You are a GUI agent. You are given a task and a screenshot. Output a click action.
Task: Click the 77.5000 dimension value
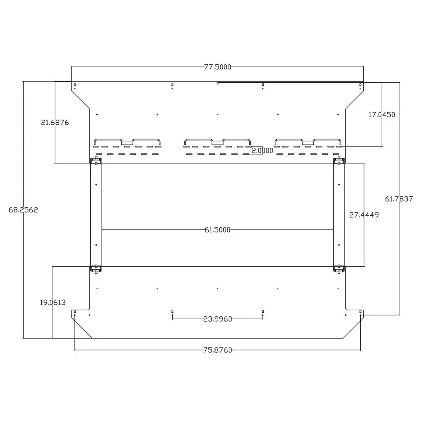217,67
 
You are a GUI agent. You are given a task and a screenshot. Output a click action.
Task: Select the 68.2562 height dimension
23,210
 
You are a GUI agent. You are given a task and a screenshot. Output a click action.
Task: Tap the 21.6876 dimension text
55,123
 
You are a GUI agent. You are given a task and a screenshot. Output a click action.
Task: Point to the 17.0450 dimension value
382,115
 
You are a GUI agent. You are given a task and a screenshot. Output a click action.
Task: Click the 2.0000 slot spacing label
262,151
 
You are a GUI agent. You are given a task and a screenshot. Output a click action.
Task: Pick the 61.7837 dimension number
399,199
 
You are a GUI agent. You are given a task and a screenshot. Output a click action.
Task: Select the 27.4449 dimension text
364,215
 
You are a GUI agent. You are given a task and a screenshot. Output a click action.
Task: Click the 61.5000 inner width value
217,230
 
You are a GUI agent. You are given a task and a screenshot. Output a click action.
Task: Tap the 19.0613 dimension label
53,303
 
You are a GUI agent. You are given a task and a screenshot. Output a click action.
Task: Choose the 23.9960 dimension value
217,319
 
